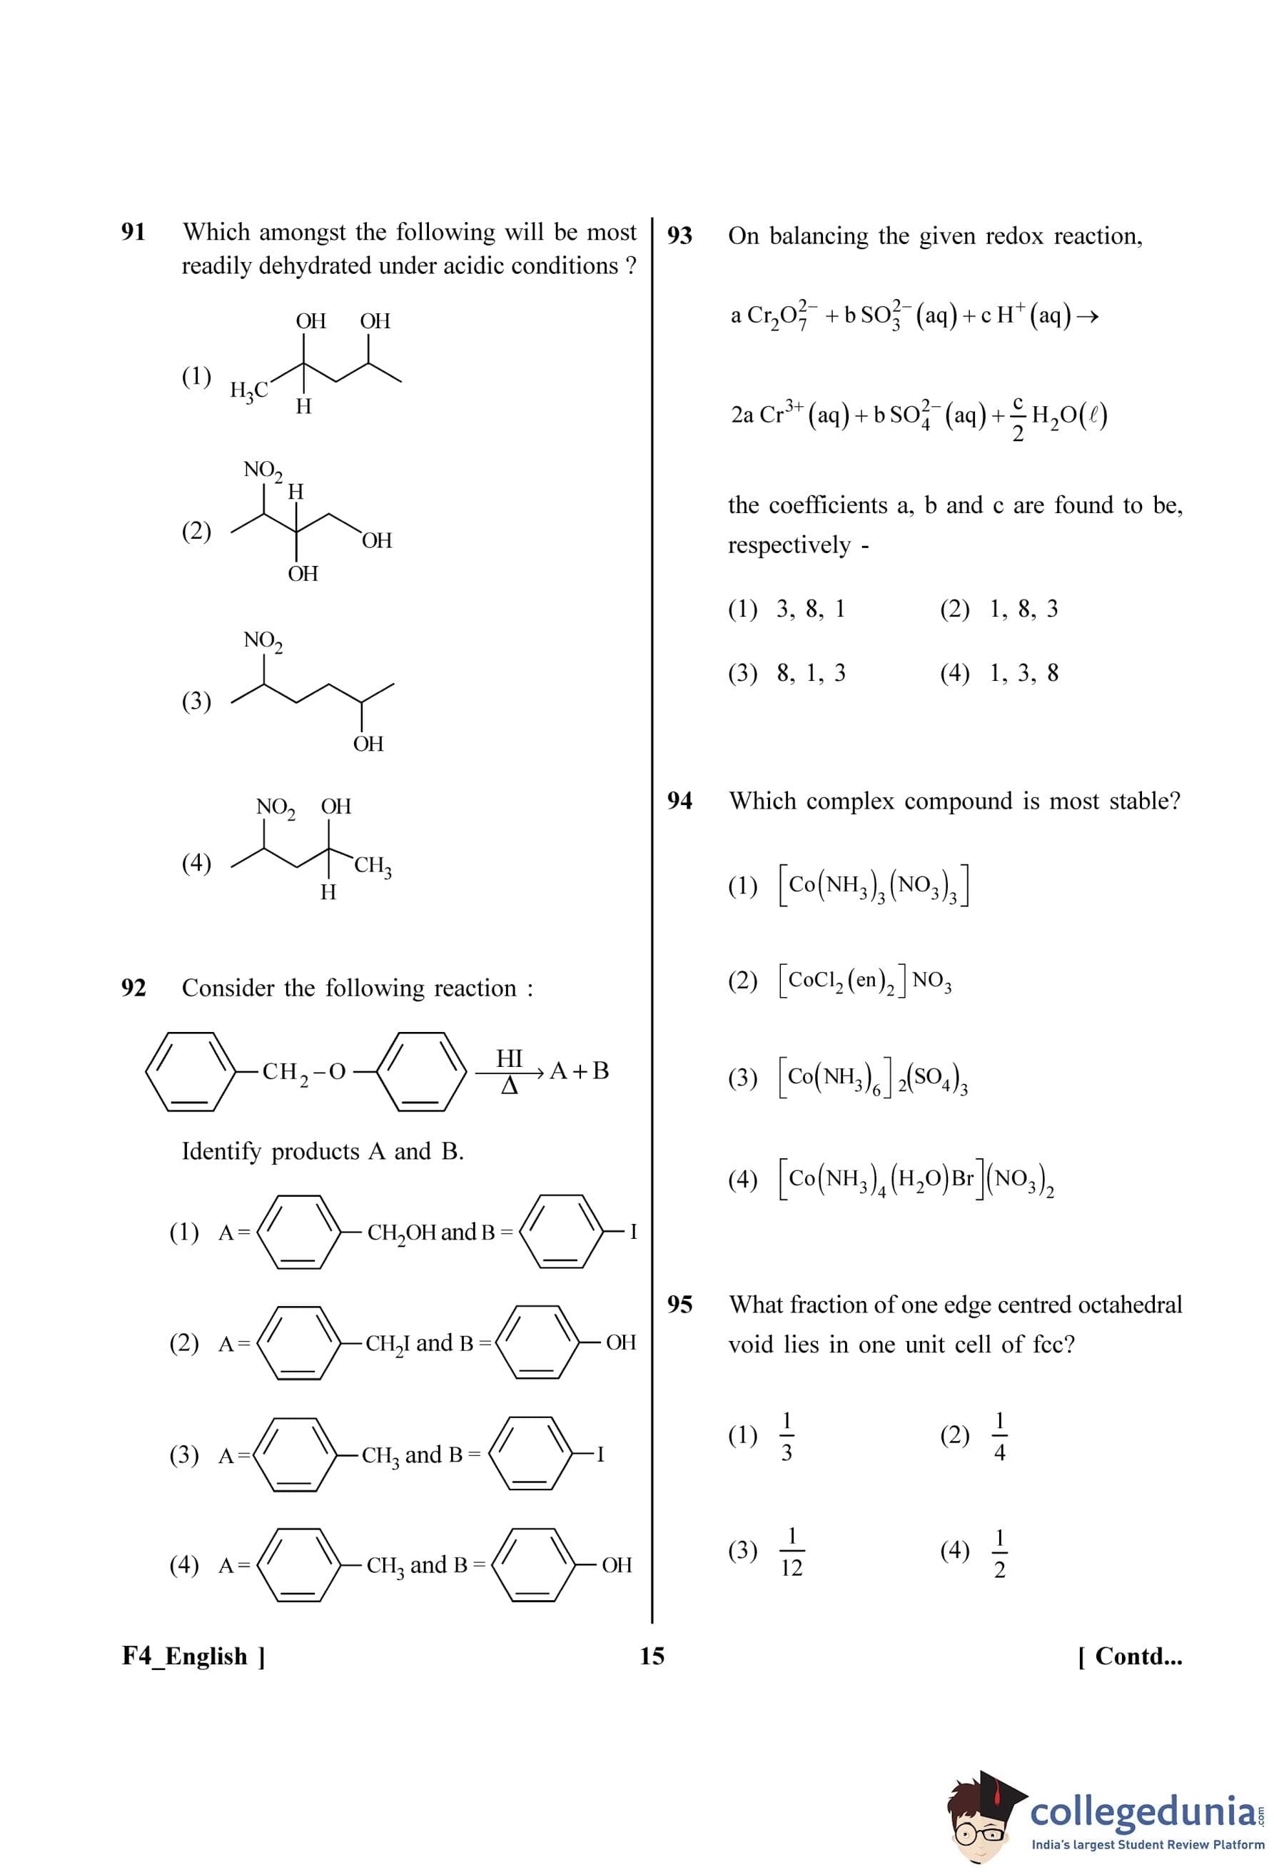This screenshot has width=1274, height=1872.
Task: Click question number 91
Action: pos(133,232)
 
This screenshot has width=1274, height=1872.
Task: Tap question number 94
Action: pos(679,801)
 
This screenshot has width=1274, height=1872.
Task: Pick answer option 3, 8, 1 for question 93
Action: pos(810,609)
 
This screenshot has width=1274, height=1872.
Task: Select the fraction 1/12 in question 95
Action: pos(791,1552)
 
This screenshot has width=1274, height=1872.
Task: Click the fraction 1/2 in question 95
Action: pos(999,1552)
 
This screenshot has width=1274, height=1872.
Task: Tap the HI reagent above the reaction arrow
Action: pos(509,1058)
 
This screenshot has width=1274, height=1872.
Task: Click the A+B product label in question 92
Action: pos(578,1071)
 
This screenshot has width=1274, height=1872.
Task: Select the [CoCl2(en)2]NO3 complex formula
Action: pos(865,981)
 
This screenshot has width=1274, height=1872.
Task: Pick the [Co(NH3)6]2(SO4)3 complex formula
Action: pos(873,1078)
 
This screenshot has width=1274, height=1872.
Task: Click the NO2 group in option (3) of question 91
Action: pos(263,641)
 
